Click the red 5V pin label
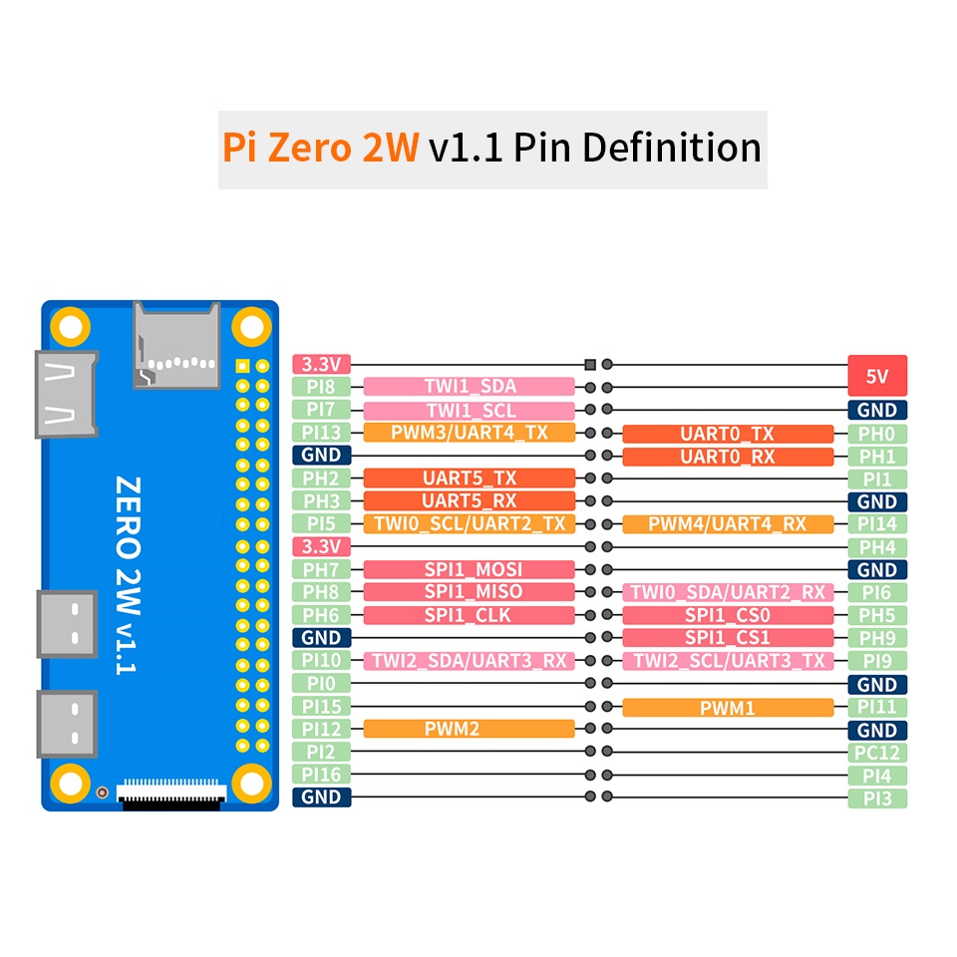tap(877, 376)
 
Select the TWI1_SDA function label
tap(469, 387)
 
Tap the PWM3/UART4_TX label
tap(469, 432)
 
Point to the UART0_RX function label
tap(728, 457)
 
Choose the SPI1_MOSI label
tap(469, 569)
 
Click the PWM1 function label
tap(728, 708)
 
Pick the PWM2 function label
tap(469, 729)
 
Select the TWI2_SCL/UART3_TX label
tap(728, 660)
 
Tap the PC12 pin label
tap(877, 753)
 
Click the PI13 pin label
tap(322, 432)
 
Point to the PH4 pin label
tap(877, 547)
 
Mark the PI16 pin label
tap(322, 775)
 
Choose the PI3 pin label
tap(877, 798)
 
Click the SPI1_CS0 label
tap(728, 615)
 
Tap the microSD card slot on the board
tap(176, 345)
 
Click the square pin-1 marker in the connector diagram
tap(589, 365)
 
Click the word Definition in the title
tap(672, 148)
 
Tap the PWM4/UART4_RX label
tap(728, 523)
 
